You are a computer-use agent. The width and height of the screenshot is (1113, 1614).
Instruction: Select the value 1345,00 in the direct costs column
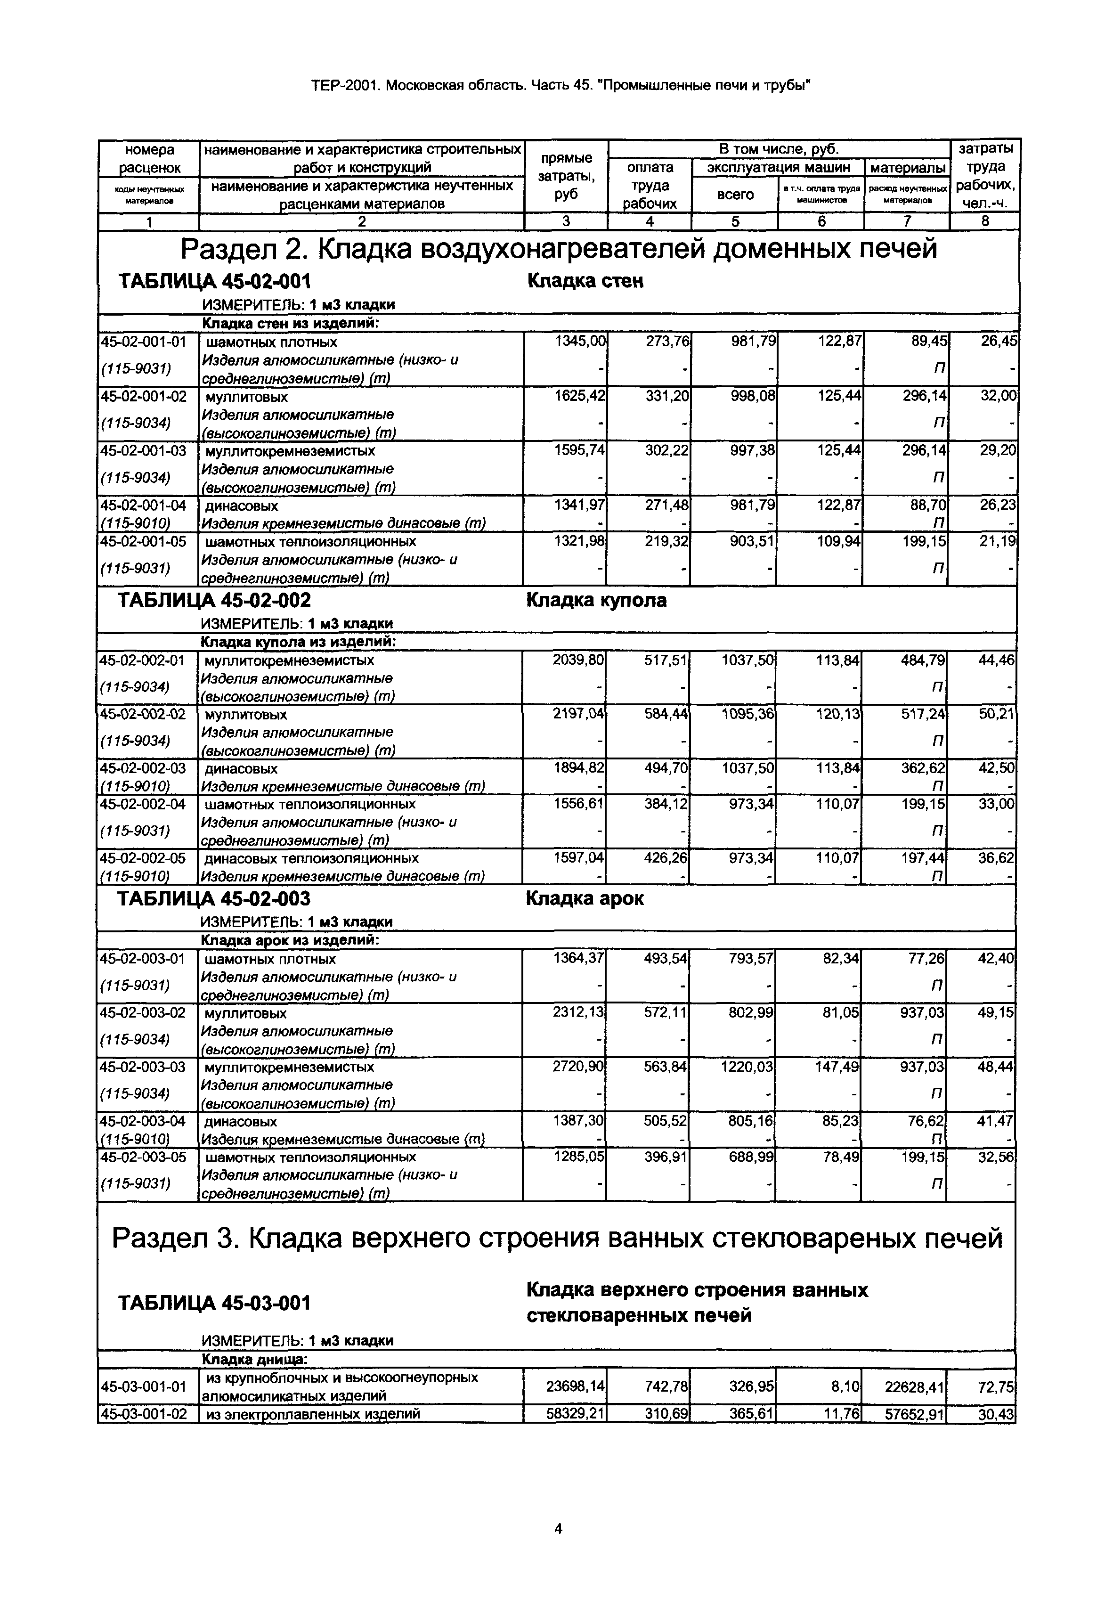(580, 342)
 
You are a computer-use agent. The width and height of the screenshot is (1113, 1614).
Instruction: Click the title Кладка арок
(585, 899)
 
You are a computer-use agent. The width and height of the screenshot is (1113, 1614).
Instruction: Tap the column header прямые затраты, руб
(566, 177)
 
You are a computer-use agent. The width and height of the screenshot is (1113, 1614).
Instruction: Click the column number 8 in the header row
(985, 222)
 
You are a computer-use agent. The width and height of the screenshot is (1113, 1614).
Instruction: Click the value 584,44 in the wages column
(665, 714)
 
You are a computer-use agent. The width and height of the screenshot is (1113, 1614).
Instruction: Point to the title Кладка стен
(585, 281)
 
